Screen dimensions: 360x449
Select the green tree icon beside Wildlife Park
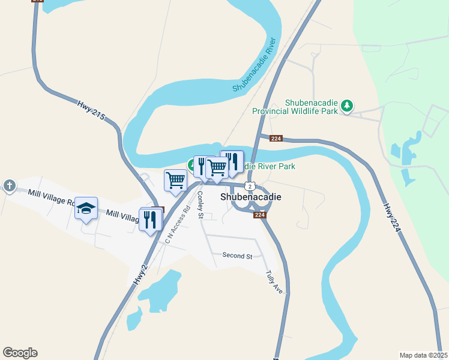click(x=346, y=106)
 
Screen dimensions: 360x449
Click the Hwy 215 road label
click(x=91, y=112)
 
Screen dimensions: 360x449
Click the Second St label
click(x=237, y=256)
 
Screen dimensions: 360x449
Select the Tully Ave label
click(x=274, y=281)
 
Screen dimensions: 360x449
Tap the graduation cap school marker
click(x=86, y=208)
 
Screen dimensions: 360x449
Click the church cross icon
click(x=9, y=186)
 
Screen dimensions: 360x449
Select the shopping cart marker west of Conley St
click(x=175, y=180)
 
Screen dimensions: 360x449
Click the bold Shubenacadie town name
click(x=251, y=196)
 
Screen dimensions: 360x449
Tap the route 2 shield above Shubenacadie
click(x=249, y=185)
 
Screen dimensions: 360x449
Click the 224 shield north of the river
click(x=276, y=139)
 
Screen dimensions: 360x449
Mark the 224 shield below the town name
click(x=259, y=215)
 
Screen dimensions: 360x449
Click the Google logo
click(x=20, y=353)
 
